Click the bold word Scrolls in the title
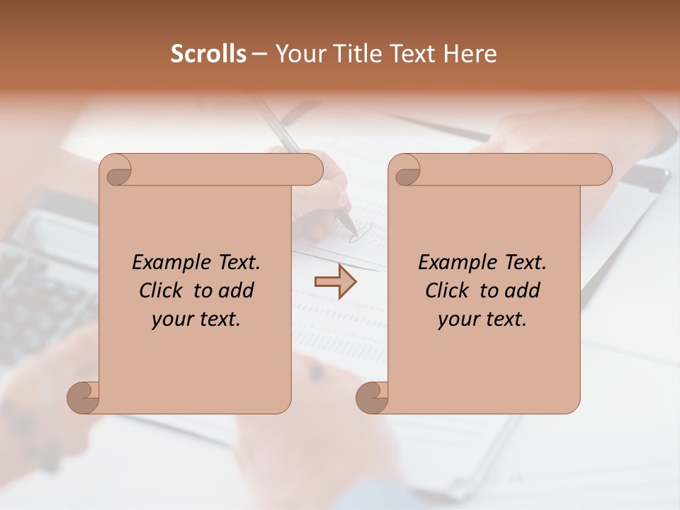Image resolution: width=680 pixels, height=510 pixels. coord(208,54)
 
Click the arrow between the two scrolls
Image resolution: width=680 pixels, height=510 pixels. coord(335,282)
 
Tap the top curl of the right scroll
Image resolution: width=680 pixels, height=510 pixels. coord(405,170)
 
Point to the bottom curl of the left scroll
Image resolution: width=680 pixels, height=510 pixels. coord(82,397)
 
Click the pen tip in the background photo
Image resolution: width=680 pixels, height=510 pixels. coord(352,229)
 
